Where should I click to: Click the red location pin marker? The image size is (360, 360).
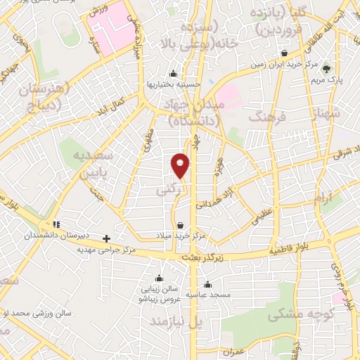(x=181, y=165)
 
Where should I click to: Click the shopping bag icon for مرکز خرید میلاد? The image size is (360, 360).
(x=181, y=226)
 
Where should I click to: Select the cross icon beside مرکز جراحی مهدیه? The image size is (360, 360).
(x=106, y=238)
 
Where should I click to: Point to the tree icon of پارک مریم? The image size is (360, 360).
(x=326, y=68)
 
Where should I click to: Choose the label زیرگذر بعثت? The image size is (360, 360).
(x=205, y=258)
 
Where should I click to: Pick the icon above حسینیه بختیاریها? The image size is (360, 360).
(x=174, y=74)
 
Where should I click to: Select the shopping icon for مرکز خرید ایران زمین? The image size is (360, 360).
(x=283, y=53)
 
